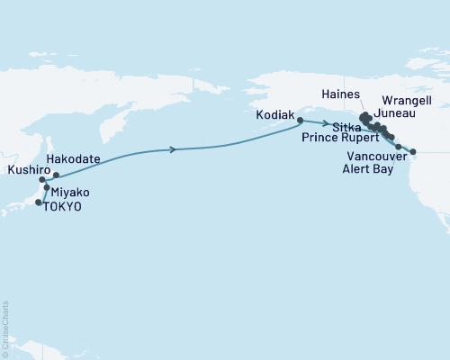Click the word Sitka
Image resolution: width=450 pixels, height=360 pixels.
(x=346, y=129)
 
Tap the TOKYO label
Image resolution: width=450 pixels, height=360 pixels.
(x=66, y=206)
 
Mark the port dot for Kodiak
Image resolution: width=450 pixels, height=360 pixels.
(x=299, y=119)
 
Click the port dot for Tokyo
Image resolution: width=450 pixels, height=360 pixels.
(x=38, y=203)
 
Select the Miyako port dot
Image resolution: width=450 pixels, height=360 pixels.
(x=46, y=188)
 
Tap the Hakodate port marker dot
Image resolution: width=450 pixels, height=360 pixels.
(x=56, y=175)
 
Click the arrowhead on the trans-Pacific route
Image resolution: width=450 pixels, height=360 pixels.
(x=172, y=149)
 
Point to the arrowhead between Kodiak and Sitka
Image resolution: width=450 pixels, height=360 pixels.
(x=324, y=124)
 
